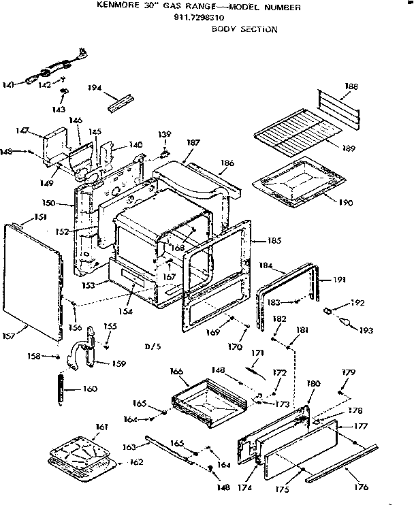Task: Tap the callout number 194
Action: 95,88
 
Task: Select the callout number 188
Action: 352,86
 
